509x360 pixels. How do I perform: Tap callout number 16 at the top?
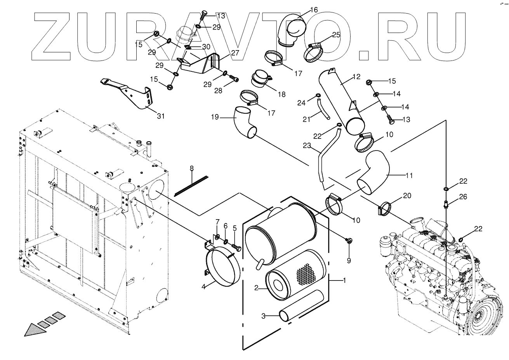click(x=313, y=9)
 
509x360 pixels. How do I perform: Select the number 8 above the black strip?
click(x=191, y=168)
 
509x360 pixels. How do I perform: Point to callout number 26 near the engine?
click(x=463, y=197)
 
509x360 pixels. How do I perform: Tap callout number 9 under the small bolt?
click(x=349, y=261)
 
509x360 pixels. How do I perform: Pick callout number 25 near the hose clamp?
click(x=336, y=35)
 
